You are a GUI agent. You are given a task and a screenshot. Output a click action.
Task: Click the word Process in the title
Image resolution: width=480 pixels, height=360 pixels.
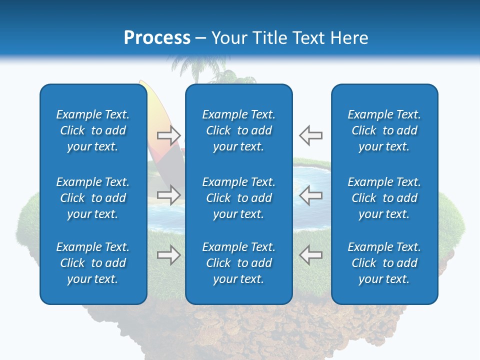click(157, 38)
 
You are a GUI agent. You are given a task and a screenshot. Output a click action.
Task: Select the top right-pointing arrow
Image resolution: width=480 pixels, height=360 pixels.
click(169, 135)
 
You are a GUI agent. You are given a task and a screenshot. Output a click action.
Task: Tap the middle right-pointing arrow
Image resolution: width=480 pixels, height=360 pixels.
click(169, 195)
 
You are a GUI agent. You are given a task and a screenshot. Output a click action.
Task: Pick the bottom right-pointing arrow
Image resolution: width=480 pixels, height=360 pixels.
click(169, 255)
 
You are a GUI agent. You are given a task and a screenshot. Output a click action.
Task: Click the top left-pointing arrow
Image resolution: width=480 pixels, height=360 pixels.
click(310, 135)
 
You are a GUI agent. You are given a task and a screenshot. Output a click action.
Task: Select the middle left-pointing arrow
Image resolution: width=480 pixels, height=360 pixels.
click(310, 195)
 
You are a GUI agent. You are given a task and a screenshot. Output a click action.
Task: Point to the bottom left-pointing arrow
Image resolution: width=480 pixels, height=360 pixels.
click(310, 255)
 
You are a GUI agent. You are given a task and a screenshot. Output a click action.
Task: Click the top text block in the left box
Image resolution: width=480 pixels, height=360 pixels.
click(93, 130)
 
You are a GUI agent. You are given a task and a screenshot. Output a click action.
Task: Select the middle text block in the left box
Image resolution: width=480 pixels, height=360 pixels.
click(93, 198)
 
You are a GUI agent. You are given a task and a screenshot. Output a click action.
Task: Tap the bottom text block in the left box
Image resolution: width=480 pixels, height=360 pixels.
click(93, 263)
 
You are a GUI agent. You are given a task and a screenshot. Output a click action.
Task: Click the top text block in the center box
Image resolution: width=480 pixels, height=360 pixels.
click(238, 130)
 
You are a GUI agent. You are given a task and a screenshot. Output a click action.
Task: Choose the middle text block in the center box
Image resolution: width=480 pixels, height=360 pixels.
click(238, 198)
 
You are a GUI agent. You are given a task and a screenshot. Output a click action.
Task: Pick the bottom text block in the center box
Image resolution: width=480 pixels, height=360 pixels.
click(238, 263)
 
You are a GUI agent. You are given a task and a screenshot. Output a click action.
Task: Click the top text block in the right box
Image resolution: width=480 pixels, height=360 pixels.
click(384, 130)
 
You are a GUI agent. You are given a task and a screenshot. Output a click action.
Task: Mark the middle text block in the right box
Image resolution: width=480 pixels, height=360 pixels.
click(384, 198)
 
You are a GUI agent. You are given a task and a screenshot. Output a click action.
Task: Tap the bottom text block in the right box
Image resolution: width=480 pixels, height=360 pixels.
click(384, 263)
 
